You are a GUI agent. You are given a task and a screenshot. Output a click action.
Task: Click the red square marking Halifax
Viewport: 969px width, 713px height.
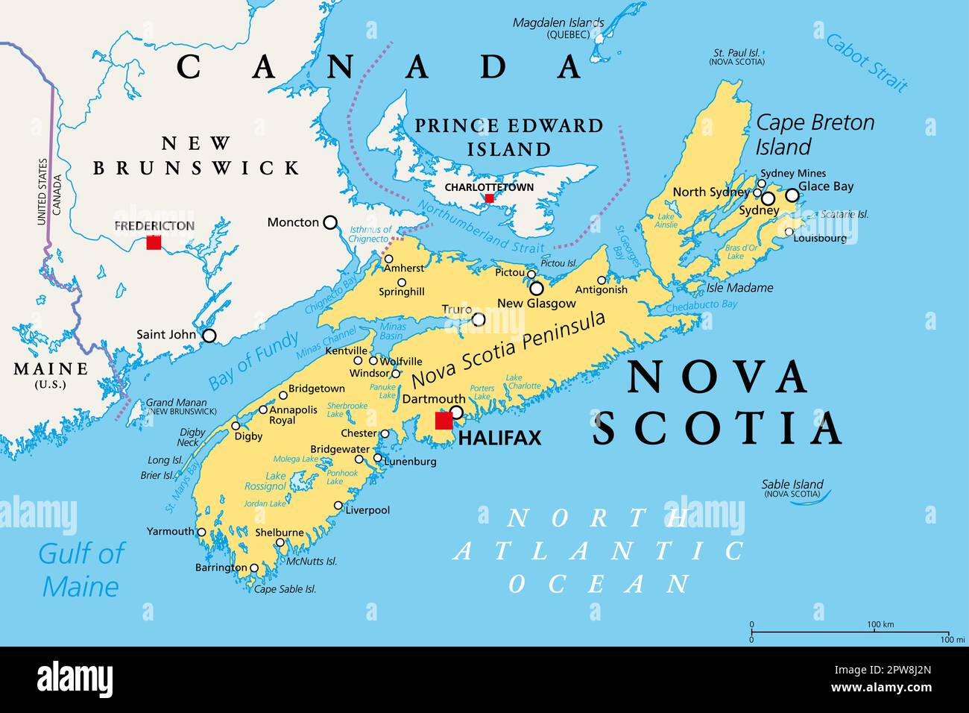pyautogui.click(x=444, y=421)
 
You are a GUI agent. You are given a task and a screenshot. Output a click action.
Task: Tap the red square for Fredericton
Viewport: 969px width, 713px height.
pyautogui.click(x=154, y=242)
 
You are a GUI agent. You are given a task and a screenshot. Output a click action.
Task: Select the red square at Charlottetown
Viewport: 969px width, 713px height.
pyautogui.click(x=489, y=198)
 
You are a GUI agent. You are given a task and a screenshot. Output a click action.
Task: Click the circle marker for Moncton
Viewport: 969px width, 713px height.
pyautogui.click(x=329, y=222)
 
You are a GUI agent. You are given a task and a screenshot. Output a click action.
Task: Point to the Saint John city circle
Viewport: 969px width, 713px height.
pyautogui.click(x=209, y=336)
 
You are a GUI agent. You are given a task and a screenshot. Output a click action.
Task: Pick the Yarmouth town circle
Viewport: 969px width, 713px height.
pyautogui.click(x=201, y=532)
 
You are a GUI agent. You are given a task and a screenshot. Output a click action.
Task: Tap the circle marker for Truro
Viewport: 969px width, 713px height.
pyautogui.click(x=479, y=319)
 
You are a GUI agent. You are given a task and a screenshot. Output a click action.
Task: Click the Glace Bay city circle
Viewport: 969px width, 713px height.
pyautogui.click(x=792, y=195)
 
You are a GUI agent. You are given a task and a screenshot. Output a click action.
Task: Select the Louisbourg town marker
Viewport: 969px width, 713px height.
pyautogui.click(x=789, y=232)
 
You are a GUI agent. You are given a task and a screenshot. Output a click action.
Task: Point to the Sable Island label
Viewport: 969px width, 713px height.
pyautogui.click(x=792, y=484)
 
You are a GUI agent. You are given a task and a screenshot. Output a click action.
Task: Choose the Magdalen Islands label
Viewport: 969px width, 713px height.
pyautogui.click(x=558, y=23)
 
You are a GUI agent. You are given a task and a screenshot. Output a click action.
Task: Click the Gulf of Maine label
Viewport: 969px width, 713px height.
pyautogui.click(x=81, y=570)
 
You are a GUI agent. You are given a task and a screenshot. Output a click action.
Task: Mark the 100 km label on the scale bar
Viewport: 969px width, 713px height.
pyautogui.click(x=880, y=624)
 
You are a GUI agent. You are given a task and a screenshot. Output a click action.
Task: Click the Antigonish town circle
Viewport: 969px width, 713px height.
pyautogui.click(x=602, y=280)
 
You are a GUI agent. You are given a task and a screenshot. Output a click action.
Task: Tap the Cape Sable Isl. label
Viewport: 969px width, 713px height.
pyautogui.click(x=285, y=589)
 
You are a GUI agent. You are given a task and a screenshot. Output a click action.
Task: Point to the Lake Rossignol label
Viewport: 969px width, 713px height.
pyautogui.click(x=265, y=481)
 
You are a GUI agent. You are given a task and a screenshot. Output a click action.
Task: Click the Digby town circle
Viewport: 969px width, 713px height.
pyautogui.click(x=236, y=426)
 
